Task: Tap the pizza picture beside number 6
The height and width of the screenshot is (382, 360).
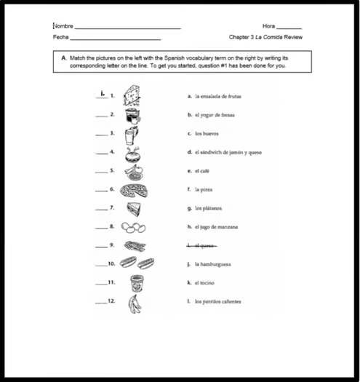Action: point(134,190)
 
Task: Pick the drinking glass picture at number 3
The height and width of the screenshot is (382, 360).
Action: point(131,135)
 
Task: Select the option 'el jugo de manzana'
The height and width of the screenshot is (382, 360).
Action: point(216,227)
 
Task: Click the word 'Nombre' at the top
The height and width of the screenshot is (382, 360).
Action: point(63,26)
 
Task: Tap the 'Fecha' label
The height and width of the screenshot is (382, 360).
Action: point(60,37)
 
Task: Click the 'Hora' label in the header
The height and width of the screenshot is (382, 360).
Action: point(270,26)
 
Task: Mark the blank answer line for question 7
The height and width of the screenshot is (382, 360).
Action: point(100,209)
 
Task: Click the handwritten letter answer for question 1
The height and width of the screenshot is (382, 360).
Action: point(103,92)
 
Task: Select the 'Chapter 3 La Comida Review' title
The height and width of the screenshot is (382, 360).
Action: point(265,37)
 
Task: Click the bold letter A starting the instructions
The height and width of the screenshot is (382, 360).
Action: point(64,56)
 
